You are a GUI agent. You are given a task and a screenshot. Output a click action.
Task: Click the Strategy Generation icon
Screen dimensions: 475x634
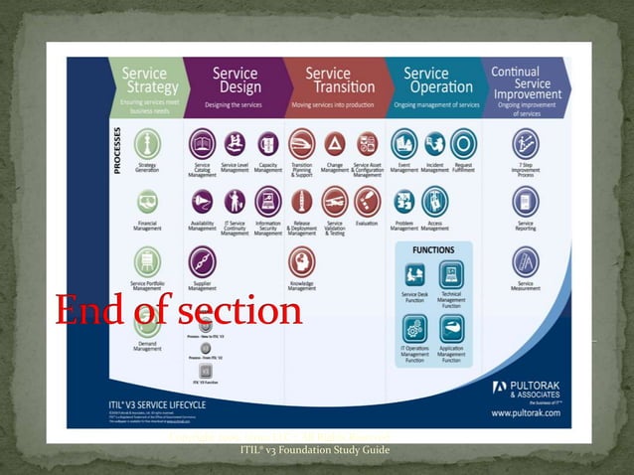[x=147, y=143]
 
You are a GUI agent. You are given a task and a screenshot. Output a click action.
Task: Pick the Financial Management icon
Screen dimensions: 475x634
[x=147, y=202]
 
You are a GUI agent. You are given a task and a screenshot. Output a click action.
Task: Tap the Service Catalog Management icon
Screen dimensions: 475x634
[x=203, y=143]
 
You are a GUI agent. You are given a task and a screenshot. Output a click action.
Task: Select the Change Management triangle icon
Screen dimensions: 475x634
[x=335, y=143]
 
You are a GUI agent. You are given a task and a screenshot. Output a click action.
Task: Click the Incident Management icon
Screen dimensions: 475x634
[x=435, y=143]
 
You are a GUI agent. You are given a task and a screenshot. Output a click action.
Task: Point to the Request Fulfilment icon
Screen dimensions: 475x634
[x=463, y=143]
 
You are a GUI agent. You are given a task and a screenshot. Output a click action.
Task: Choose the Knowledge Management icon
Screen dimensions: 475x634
[x=302, y=261]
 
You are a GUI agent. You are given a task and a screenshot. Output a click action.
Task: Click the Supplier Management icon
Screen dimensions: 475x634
[x=203, y=261]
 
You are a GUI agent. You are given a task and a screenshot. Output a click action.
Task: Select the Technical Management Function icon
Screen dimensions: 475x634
[x=451, y=274]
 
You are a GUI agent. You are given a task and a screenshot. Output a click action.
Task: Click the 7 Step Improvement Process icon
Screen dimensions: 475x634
[x=526, y=143]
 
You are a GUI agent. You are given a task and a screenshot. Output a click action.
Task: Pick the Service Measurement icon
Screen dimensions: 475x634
[x=526, y=261]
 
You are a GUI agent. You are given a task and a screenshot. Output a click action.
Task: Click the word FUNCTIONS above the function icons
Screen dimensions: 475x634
[x=433, y=250]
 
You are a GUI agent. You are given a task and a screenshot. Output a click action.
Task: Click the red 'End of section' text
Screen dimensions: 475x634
[x=179, y=311]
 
